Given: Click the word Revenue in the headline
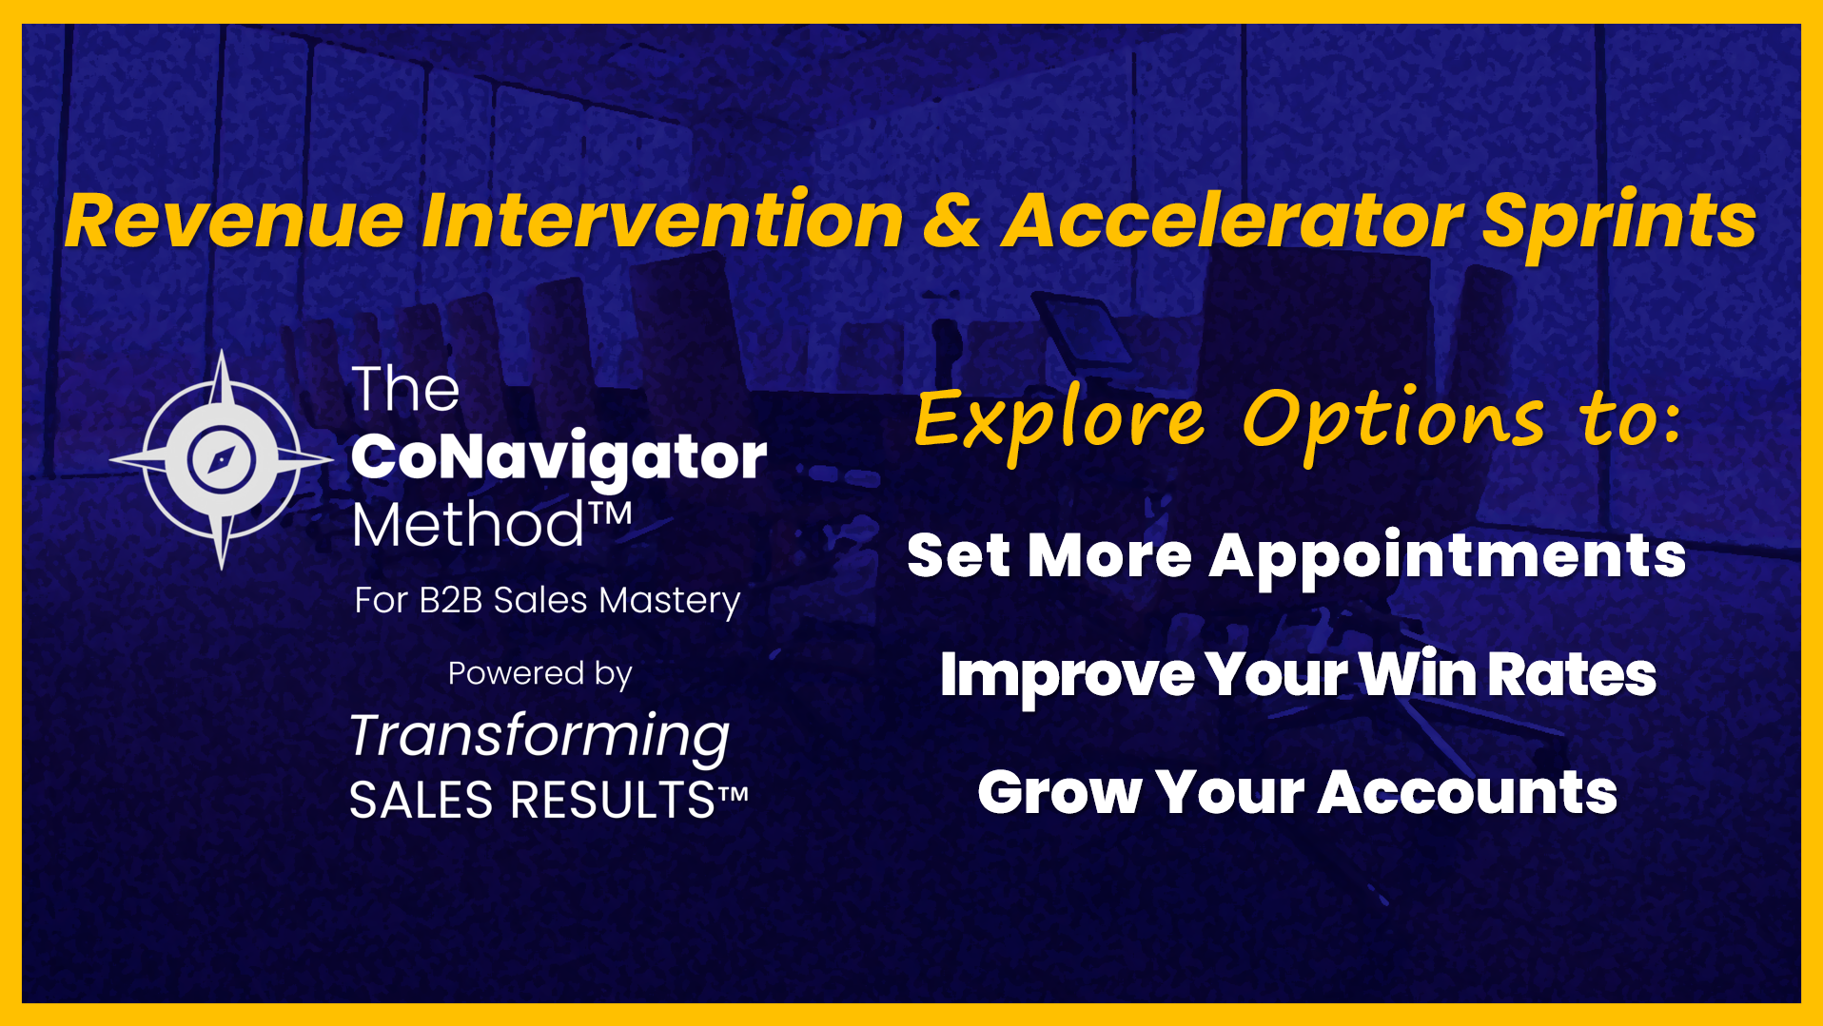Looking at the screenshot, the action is (x=235, y=221).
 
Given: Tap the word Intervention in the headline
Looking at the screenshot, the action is (x=662, y=221).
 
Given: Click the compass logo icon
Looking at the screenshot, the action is (x=222, y=459).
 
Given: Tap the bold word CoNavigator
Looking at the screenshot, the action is (x=559, y=457).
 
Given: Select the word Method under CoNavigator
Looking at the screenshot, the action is (x=468, y=524).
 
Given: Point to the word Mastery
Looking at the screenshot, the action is (x=670, y=602).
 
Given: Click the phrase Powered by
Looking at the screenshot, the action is (x=540, y=674).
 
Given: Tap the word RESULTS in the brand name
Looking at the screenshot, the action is (x=613, y=800).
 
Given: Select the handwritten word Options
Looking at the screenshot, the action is (x=1393, y=420).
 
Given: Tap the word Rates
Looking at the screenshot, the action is (x=1572, y=675).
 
